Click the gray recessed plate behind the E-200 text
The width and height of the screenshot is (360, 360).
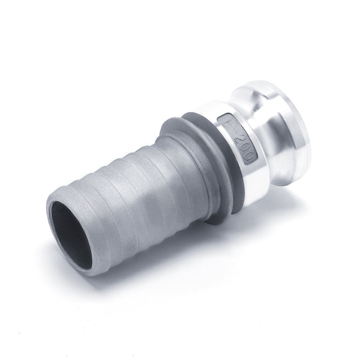(x=238, y=139)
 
